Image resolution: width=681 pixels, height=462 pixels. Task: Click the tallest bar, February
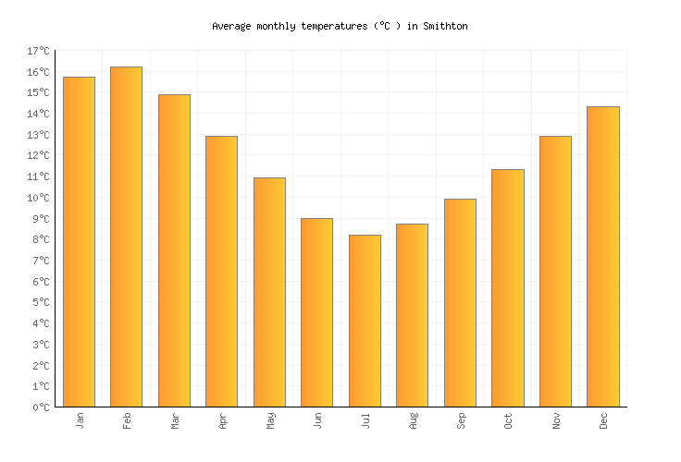126,237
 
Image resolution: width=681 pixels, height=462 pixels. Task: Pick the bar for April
221,272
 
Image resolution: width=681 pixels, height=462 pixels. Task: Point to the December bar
602,257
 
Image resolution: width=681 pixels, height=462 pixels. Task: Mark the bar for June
316,312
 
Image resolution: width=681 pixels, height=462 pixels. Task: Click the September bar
460,303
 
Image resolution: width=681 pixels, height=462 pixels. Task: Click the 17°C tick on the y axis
40,51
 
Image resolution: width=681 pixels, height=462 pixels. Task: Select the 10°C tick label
40,198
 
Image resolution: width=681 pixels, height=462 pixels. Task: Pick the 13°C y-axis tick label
40,135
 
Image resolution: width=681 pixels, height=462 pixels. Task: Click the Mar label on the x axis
175,421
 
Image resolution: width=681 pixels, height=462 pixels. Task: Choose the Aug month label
413,421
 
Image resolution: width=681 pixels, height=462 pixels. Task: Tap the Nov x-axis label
556,421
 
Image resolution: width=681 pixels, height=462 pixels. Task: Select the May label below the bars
270,421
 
